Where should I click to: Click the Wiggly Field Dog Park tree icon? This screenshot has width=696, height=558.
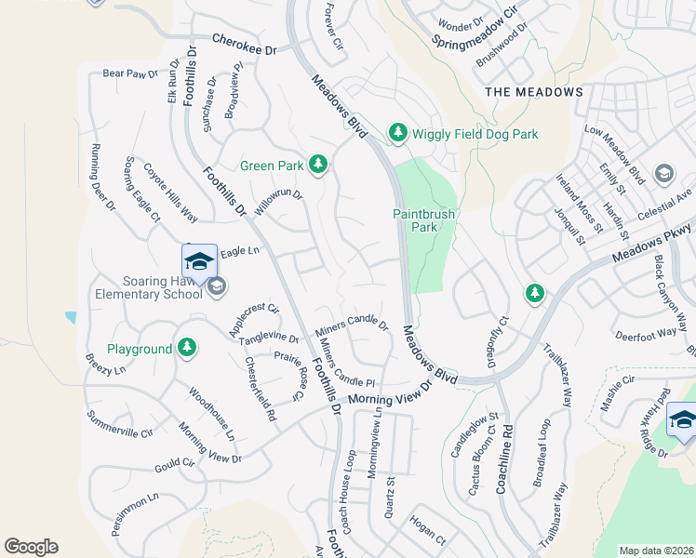click(x=398, y=134)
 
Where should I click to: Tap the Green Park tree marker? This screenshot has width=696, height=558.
click(x=318, y=166)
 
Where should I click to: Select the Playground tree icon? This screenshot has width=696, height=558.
click(x=187, y=349)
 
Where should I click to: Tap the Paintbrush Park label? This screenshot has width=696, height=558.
click(x=423, y=220)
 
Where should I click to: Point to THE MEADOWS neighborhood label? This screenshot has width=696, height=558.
click(x=534, y=92)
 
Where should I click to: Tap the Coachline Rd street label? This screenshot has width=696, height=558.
click(x=507, y=458)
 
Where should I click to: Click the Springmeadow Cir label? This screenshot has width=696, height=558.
click(x=474, y=30)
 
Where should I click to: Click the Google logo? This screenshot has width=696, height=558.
click(x=31, y=547)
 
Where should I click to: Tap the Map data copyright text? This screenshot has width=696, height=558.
click(x=656, y=551)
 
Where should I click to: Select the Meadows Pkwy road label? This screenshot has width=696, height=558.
click(x=655, y=244)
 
